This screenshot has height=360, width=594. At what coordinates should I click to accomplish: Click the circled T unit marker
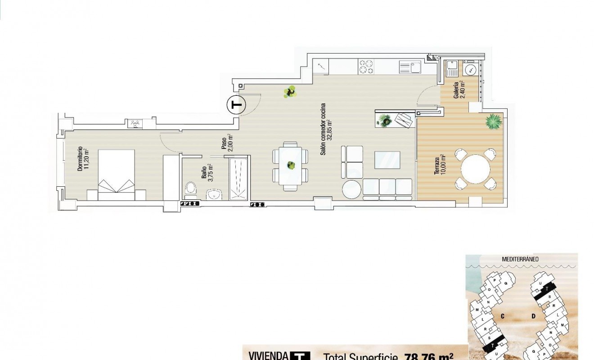pos(235,105)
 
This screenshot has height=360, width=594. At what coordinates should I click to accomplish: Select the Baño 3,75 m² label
pos(207,171)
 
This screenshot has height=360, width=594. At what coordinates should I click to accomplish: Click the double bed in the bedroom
pos(117,175)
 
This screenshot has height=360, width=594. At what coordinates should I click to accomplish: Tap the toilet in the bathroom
pos(190,189)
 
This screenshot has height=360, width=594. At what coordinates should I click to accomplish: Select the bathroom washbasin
pos(215,194)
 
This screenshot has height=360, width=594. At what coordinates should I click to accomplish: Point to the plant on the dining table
pos(291,165)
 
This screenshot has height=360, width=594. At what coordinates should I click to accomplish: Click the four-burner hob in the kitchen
pos(365,67)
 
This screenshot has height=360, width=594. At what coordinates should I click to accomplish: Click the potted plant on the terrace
pos(494,121)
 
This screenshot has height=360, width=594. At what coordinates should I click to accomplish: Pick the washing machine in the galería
pos(471,70)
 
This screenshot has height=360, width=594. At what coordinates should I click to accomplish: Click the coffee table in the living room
pos(387,160)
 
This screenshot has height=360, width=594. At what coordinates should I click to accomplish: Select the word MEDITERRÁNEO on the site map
pos(521,259)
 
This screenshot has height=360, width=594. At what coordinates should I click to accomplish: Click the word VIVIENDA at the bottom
pos(269,355)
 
